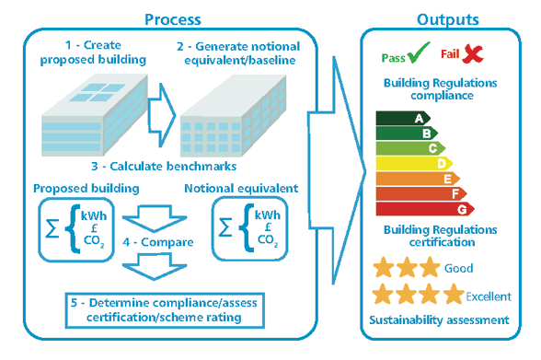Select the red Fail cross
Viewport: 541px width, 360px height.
[473, 55]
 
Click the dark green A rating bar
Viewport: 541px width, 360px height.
[401, 118]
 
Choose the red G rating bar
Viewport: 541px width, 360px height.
[425, 208]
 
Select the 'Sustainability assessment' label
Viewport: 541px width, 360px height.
[439, 320]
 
